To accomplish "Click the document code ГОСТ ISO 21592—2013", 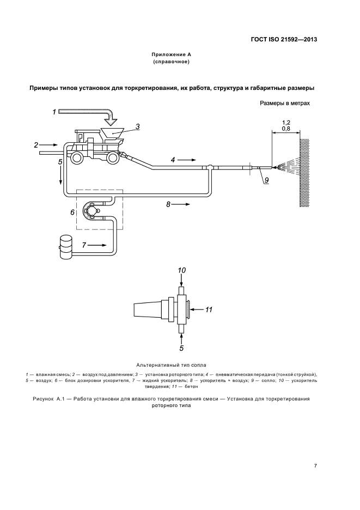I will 284,40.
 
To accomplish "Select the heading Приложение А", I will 171,54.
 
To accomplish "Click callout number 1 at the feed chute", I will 54,112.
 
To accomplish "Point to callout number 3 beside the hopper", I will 138,126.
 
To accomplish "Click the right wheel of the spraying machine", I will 113,158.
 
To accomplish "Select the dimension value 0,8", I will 286,129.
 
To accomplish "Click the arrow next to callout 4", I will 186,160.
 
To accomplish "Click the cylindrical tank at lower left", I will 67,245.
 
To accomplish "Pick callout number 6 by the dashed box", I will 72,212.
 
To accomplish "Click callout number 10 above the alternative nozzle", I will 182,270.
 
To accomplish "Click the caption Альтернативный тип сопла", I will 170,364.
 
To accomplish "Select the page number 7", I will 315,466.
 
